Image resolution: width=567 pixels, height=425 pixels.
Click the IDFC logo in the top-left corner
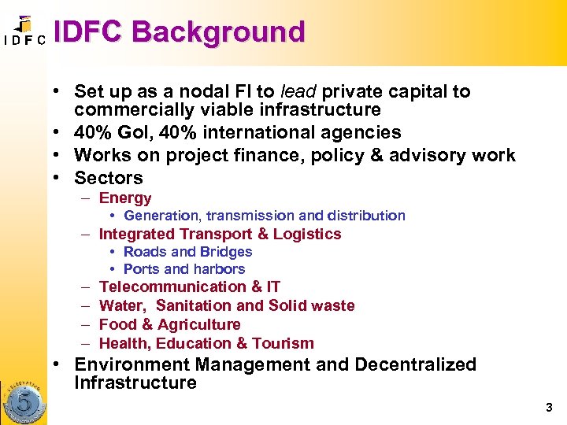tap(24, 31)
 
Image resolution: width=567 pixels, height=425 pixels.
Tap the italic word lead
tap(299, 91)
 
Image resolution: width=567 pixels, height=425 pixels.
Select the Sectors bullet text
tap(109, 177)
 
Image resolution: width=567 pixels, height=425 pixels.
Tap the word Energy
tap(125, 198)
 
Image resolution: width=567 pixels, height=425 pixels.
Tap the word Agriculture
tap(199, 324)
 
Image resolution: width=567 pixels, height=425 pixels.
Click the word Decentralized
tap(415, 364)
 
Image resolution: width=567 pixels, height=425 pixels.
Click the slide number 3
tap(549, 408)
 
